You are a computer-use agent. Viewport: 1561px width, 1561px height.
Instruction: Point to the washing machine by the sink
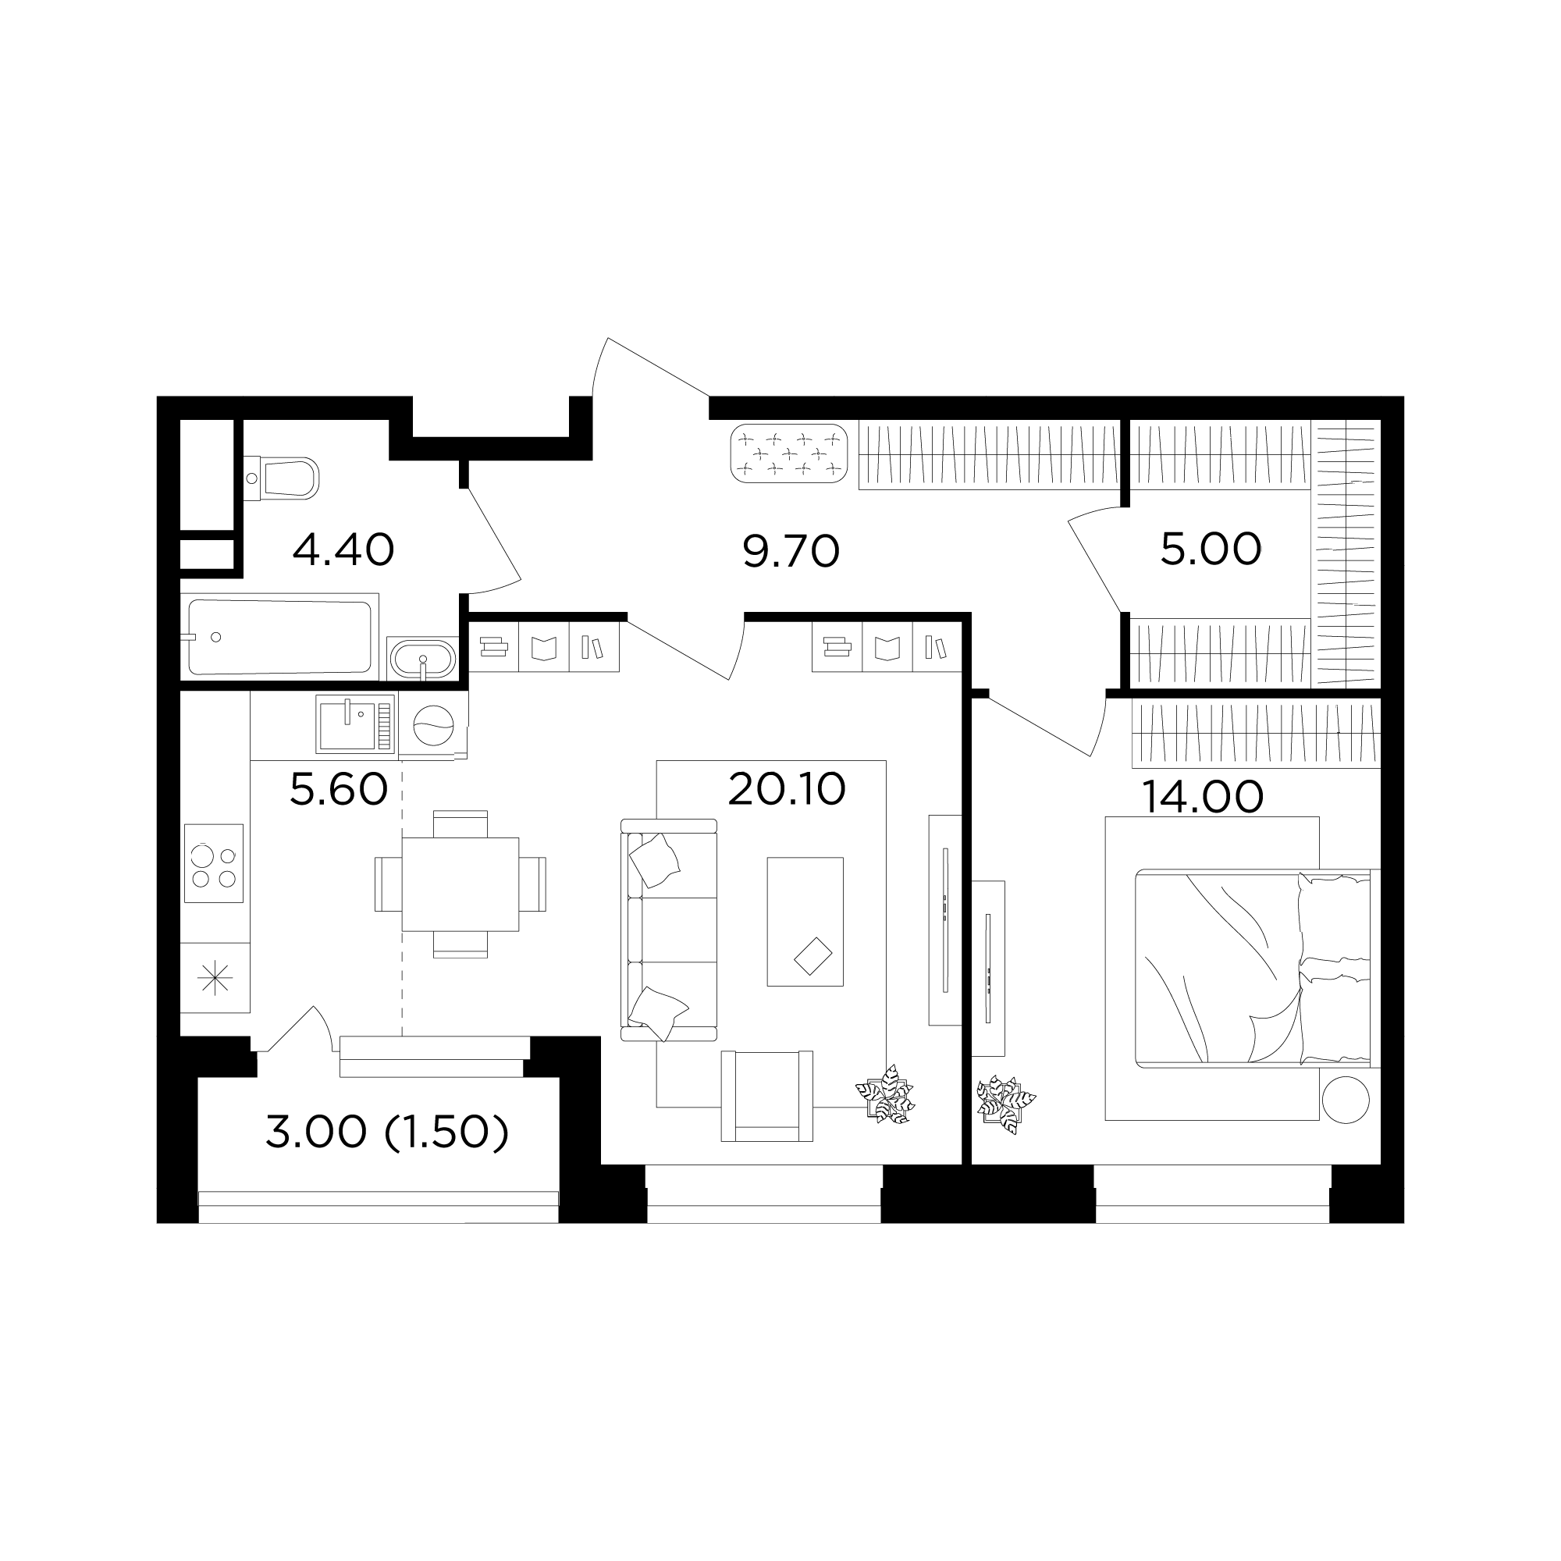click(433, 725)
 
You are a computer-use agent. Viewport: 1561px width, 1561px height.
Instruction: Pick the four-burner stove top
click(213, 863)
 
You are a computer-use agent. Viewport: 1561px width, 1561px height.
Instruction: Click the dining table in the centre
click(460, 884)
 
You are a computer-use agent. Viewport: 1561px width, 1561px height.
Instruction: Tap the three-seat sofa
click(669, 929)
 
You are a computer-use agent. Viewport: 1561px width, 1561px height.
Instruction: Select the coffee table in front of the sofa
click(805, 922)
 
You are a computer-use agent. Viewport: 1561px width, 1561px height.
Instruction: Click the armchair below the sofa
click(766, 1096)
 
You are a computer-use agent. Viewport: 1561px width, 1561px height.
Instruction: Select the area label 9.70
click(791, 551)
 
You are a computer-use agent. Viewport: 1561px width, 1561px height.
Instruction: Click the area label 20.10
click(787, 789)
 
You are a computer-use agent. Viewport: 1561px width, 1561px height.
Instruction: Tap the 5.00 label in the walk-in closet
click(1211, 549)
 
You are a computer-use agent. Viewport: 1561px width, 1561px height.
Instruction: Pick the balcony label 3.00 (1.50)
click(387, 1133)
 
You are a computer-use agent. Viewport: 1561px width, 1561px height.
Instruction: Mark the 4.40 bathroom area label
click(343, 549)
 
